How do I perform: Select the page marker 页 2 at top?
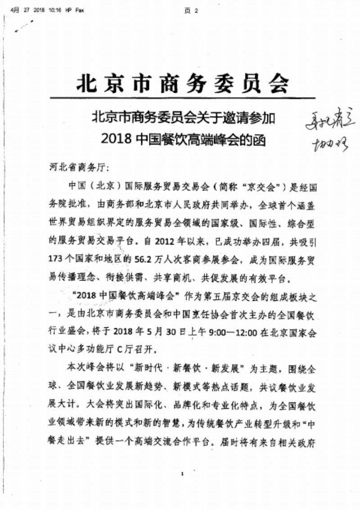192,11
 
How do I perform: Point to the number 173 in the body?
59,259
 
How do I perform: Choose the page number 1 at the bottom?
183,473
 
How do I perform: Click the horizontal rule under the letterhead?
180,98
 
